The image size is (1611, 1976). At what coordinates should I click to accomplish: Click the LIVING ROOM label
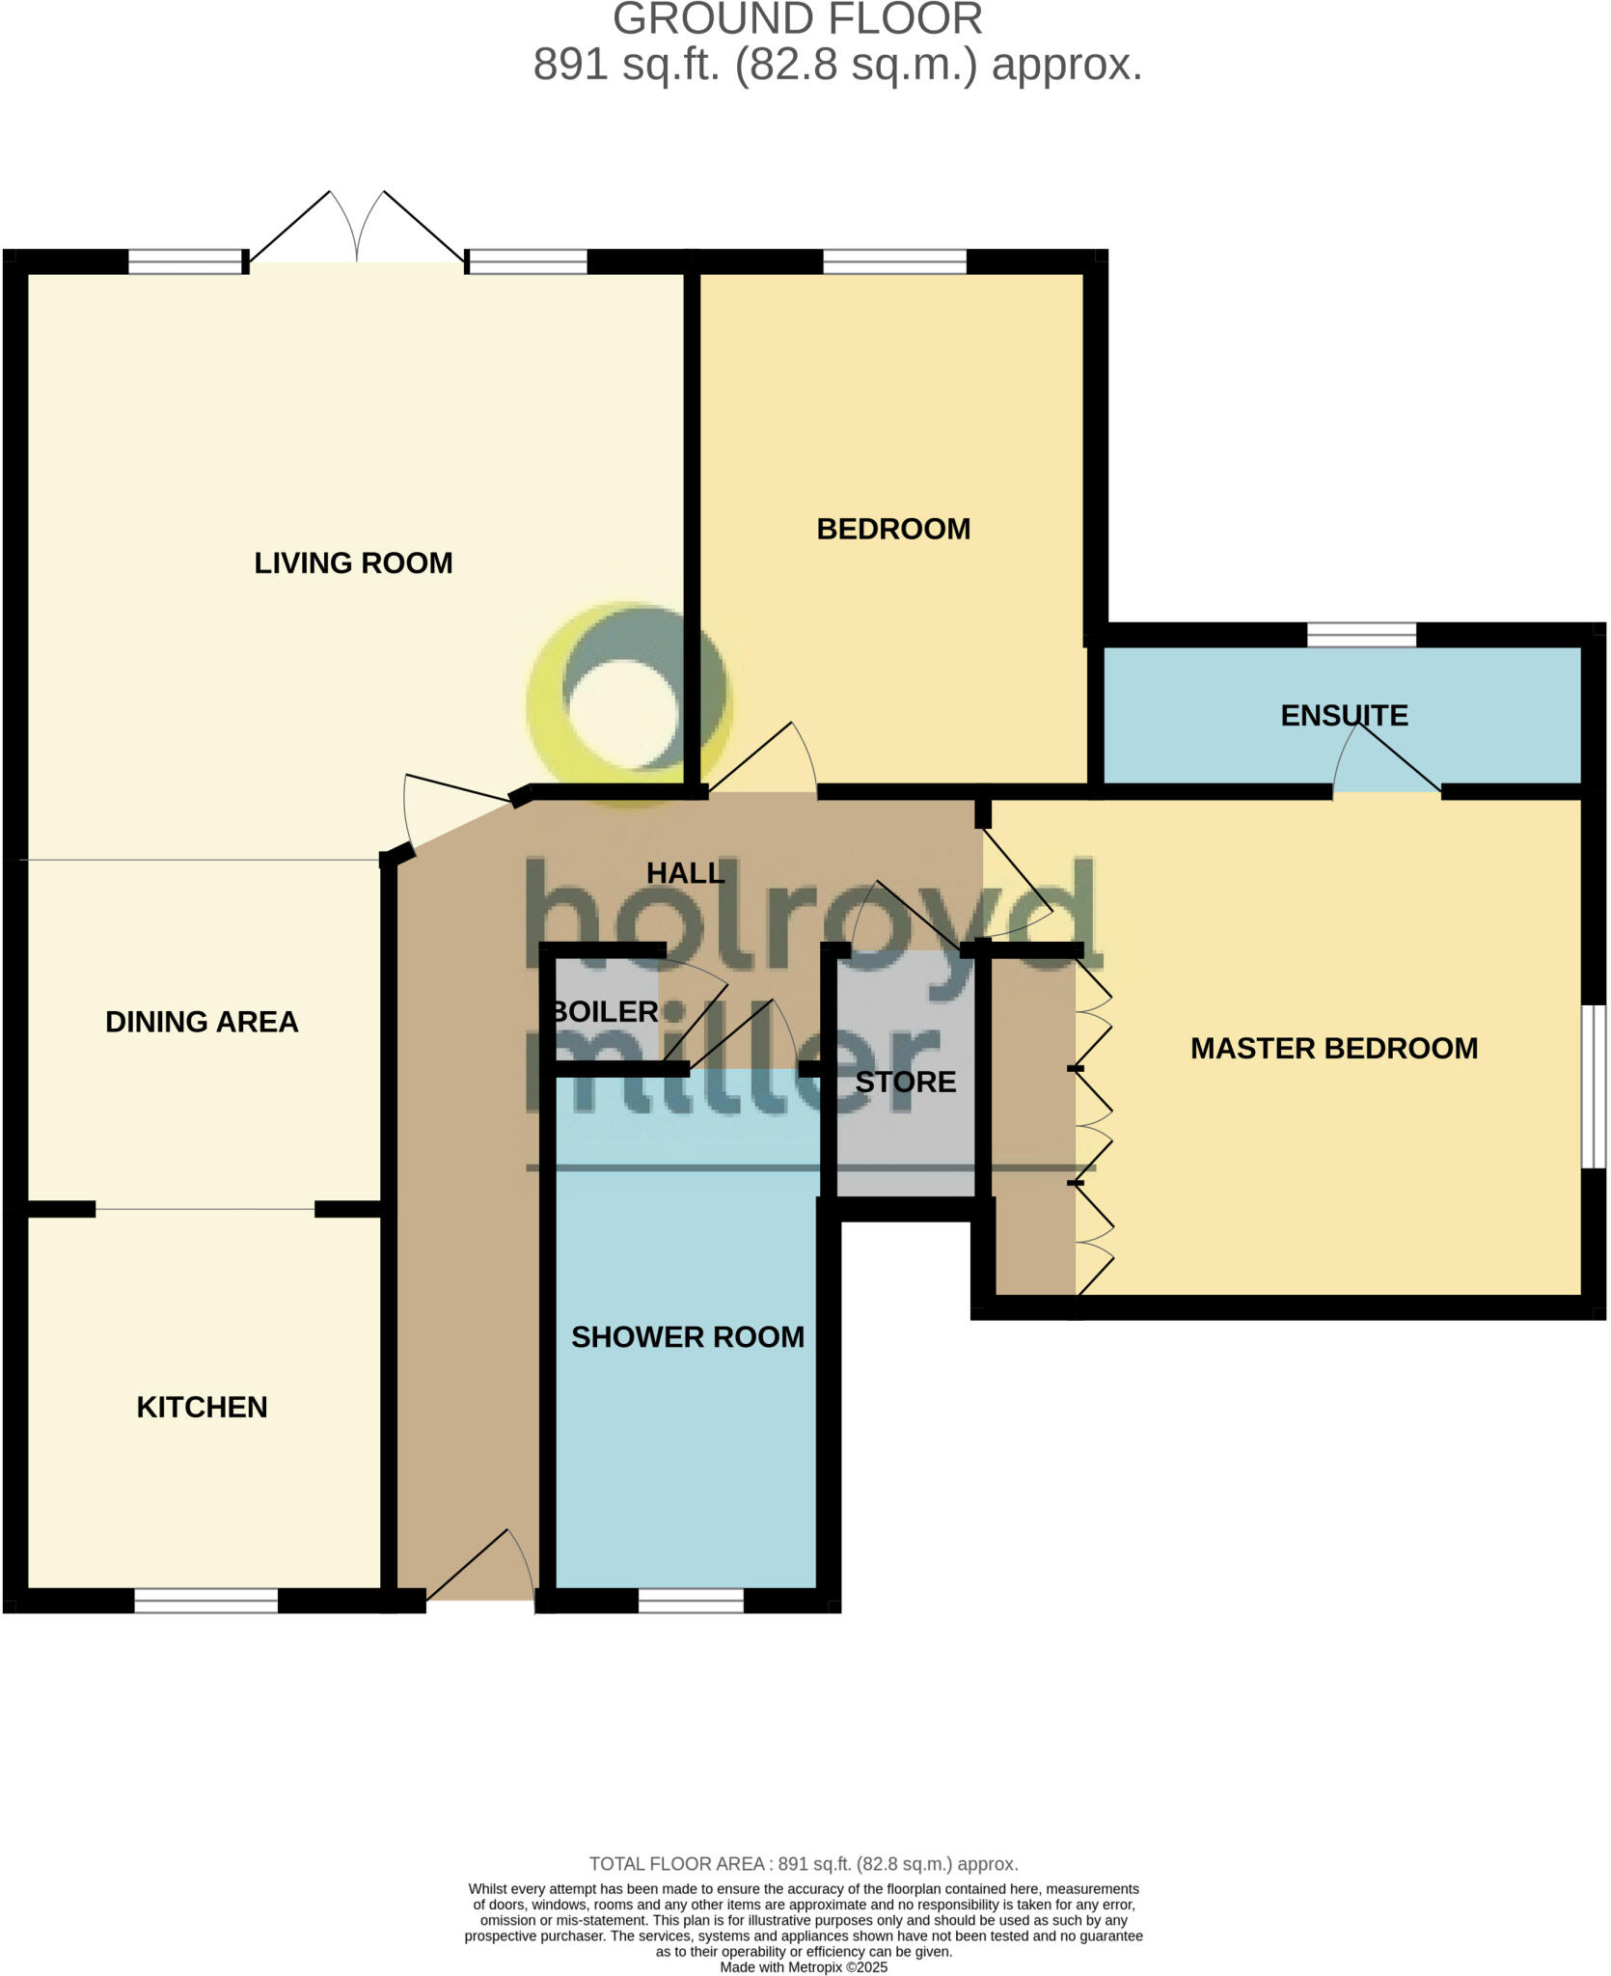[353, 563]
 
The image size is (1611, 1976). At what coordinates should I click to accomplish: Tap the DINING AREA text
[202, 1022]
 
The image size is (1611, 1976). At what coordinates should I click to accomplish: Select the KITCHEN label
[202, 1407]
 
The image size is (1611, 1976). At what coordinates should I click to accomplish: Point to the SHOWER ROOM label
[687, 1336]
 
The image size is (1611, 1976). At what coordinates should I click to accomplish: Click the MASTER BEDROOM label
[1333, 1048]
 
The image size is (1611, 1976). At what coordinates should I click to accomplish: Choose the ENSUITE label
[1344, 715]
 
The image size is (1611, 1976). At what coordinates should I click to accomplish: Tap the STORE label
[905, 1082]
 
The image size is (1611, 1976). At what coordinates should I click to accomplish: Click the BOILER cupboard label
[605, 1011]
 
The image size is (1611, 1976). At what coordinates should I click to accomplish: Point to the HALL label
[685, 872]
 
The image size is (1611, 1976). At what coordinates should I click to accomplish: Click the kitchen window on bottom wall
[205, 1600]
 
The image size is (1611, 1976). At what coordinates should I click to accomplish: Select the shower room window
[691, 1600]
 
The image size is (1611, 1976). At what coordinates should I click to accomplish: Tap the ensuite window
[1361, 634]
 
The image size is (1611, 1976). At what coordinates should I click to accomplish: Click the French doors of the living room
[357, 232]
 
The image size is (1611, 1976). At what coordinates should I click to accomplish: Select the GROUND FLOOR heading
[797, 19]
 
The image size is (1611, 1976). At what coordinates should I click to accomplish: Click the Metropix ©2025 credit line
[804, 1966]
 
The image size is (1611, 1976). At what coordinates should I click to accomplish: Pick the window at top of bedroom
[893, 261]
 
